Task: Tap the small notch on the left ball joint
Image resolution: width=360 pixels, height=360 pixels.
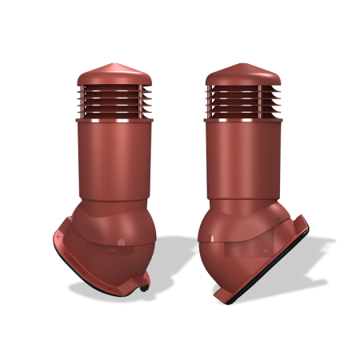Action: (x=118, y=241)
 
